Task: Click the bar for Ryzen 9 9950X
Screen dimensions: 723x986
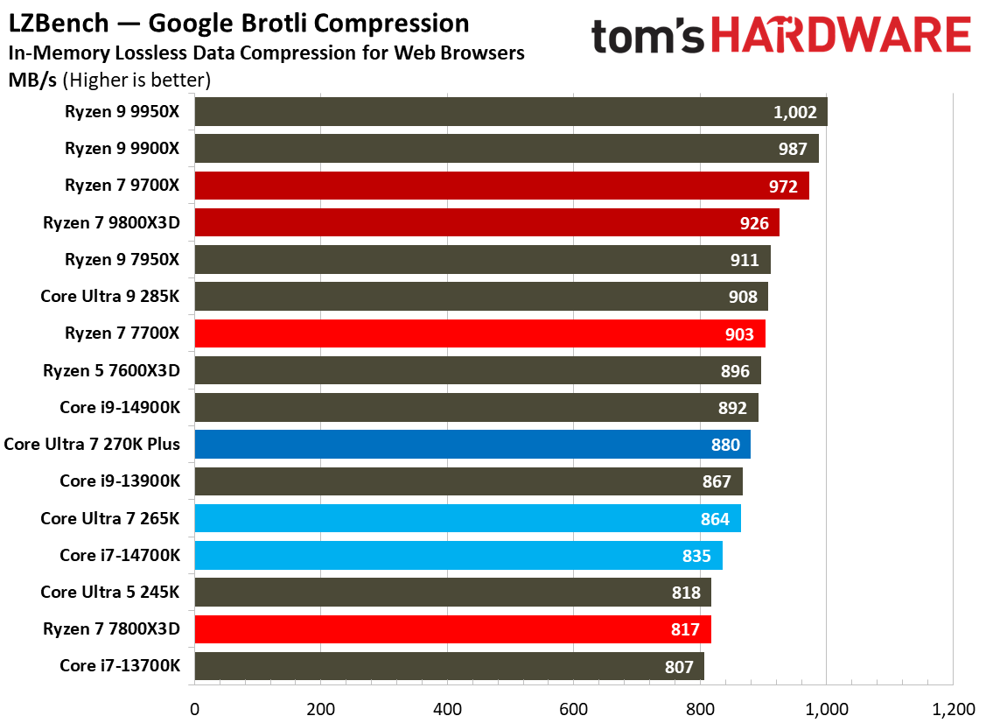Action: click(510, 112)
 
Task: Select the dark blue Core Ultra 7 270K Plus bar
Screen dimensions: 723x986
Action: click(472, 445)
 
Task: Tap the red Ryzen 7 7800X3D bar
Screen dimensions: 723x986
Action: click(452, 629)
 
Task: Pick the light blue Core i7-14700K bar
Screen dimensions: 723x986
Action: click(458, 556)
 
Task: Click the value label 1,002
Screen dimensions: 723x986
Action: click(794, 112)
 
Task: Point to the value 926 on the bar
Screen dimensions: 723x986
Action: click(752, 223)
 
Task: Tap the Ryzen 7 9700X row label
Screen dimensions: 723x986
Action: click(122, 186)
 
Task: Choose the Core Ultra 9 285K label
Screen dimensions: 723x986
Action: click(109, 297)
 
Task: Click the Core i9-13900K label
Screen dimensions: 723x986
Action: click(119, 481)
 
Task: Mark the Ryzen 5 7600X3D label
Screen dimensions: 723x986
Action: click(111, 371)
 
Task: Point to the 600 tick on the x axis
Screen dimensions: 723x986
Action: click(573, 708)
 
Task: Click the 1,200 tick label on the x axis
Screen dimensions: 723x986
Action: click(952, 708)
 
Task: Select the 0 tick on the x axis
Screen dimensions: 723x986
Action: click(194, 708)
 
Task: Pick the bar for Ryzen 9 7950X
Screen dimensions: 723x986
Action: click(482, 260)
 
